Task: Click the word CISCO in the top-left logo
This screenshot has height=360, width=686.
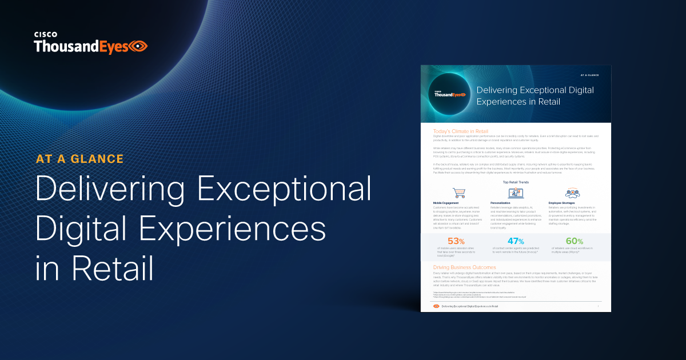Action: (45, 34)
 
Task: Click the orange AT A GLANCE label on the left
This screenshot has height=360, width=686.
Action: (79, 158)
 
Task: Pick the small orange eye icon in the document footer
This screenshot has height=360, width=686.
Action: (437, 306)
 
